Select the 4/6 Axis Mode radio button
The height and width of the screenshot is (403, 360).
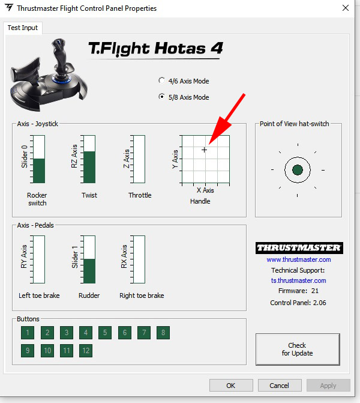[161, 80]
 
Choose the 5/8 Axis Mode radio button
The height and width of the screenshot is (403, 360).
[161, 97]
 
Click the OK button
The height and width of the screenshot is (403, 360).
[231, 385]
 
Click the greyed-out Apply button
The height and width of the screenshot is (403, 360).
[328, 385]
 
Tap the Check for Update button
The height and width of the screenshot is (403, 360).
[298, 349]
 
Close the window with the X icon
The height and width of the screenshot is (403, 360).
[346, 8]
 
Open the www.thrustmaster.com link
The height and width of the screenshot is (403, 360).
[299, 259]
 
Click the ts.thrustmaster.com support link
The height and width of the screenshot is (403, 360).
[299, 280]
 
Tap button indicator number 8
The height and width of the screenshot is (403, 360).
[163, 333]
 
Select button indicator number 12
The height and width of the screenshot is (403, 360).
[86, 351]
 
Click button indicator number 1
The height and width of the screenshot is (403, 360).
[28, 333]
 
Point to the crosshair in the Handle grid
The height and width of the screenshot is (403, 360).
[204, 150]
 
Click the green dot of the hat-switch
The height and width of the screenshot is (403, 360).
[298, 170]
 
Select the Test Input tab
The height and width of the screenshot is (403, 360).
[23, 28]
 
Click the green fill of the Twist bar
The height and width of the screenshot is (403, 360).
[89, 167]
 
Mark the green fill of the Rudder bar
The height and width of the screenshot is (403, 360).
[89, 271]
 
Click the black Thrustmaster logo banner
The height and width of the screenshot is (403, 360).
[299, 248]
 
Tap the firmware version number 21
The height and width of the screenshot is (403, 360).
[315, 291]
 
